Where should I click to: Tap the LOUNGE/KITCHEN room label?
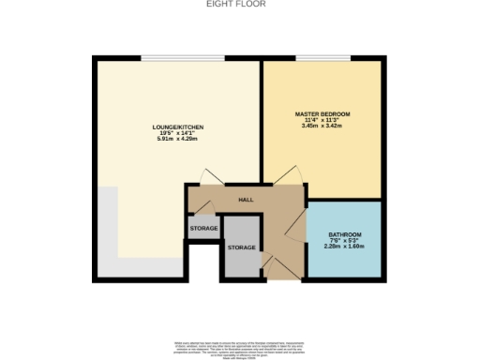(178, 127)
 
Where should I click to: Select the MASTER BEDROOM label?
(322, 113)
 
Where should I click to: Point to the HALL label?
(246, 200)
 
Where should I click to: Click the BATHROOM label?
(344, 233)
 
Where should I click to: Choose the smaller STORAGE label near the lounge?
(203, 229)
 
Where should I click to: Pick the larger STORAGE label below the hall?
(242, 247)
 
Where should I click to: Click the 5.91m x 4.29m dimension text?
(178, 140)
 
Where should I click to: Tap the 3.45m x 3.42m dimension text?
(322, 127)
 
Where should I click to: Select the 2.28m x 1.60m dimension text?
(344, 247)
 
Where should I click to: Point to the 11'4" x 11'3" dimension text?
(322, 120)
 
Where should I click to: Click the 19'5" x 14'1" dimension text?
(178, 133)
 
